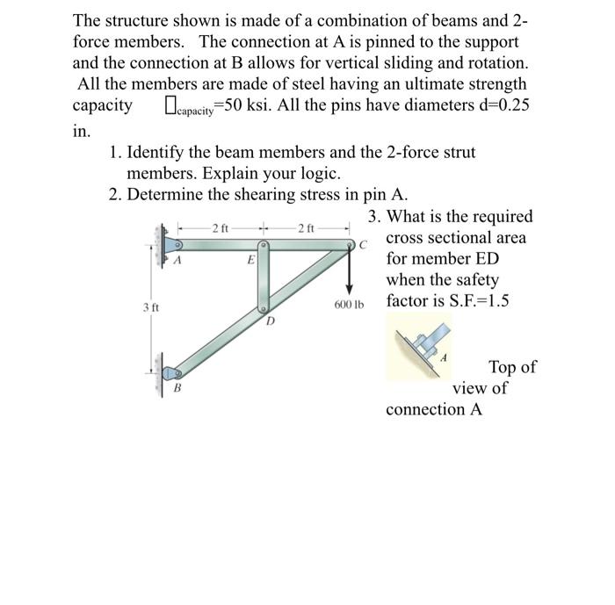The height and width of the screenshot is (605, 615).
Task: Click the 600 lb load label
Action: [348, 306]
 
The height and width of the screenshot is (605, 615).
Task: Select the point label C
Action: [362, 245]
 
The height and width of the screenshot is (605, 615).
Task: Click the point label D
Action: [271, 322]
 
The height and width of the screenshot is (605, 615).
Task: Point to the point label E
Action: [250, 260]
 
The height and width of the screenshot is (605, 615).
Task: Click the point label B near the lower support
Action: [177, 387]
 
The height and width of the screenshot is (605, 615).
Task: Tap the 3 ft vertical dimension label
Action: [151, 306]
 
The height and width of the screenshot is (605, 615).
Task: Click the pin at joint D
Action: [262, 309]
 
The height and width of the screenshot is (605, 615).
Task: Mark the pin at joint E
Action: [262, 248]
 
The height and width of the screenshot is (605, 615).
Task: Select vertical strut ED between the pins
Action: [262, 279]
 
